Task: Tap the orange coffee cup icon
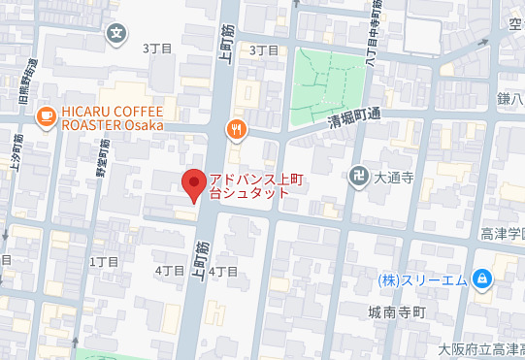[45, 116]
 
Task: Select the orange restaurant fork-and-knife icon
[234, 129]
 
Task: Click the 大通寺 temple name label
[395, 178]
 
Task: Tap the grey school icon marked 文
[117, 32]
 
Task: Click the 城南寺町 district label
[392, 313]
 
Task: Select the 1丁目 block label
[103, 262]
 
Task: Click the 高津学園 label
[502, 235]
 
